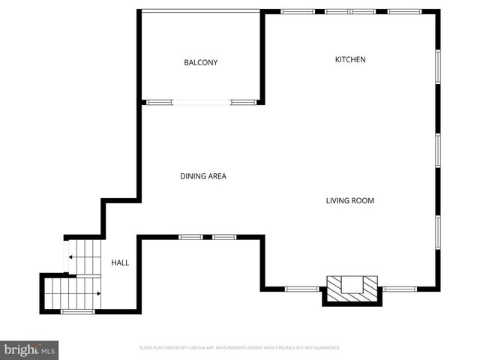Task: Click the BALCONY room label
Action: [201, 62]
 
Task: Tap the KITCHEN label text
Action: [349, 59]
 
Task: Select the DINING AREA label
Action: [202, 176]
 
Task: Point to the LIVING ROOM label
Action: [349, 200]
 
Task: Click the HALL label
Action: [120, 262]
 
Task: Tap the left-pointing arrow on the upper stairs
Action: [70, 257]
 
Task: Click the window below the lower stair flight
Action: [77, 311]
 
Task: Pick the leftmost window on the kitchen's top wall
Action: [298, 11]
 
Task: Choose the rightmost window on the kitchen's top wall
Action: [404, 11]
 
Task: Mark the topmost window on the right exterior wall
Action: [438, 67]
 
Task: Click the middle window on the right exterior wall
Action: [438, 151]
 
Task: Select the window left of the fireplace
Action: [302, 289]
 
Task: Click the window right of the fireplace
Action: [400, 289]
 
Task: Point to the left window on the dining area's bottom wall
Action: [190, 237]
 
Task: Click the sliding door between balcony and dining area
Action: [201, 102]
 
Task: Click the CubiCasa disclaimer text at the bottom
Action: [240, 348]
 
